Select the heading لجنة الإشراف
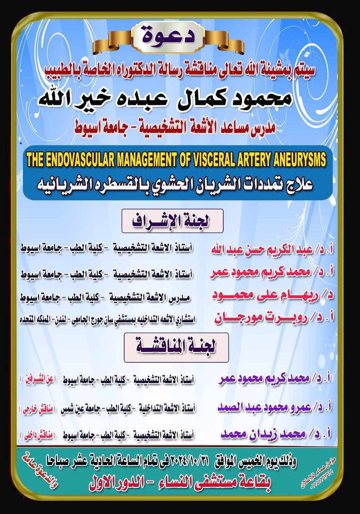(x=172, y=220)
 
